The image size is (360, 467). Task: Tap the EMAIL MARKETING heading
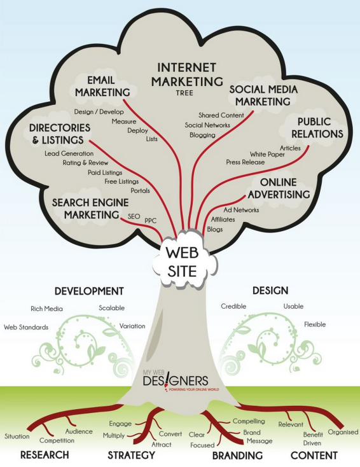102,87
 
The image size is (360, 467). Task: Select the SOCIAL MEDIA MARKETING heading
263,95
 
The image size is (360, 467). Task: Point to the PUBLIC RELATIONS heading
317,128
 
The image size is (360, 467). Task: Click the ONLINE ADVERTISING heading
279,188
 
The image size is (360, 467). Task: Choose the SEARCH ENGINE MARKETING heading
90,209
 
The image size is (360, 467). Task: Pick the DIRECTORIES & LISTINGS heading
60,134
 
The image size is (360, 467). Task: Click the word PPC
150,221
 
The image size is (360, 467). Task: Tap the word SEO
134,216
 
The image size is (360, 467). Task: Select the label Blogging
202,136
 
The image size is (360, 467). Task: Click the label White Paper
267,154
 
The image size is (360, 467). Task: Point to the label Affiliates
223,220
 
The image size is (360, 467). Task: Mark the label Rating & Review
85,163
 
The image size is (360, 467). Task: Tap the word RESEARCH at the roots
45,455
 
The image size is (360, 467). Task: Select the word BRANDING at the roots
237,456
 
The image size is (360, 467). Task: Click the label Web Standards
26,327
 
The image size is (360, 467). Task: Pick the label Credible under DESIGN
233,306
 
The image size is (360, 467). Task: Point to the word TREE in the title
184,93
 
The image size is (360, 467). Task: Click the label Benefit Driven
313,439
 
